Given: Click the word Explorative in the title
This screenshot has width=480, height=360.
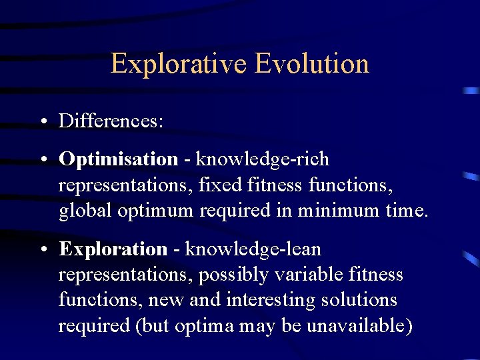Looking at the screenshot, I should [x=179, y=64].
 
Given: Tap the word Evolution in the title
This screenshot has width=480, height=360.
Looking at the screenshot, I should [x=311, y=64].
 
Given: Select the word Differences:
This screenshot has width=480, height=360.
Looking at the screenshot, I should [x=111, y=121].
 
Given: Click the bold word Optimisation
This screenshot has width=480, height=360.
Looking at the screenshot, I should [x=118, y=159].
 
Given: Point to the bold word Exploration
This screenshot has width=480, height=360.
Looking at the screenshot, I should [x=113, y=249].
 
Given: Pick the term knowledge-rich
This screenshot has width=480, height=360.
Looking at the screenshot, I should [x=262, y=159].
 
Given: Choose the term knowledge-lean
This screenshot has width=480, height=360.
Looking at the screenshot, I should [x=253, y=249].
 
